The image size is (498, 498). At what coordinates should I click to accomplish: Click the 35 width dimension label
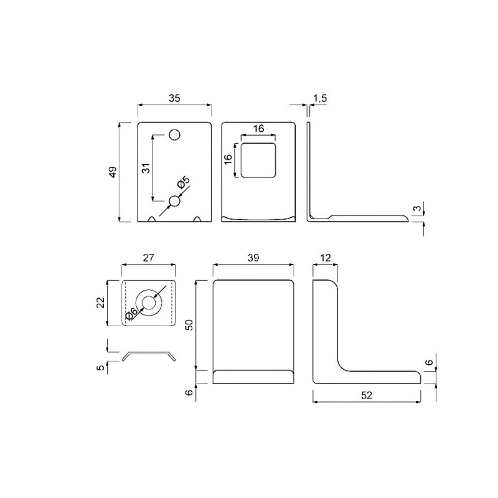(x=174, y=98)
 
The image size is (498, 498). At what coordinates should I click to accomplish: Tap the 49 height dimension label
(x=113, y=172)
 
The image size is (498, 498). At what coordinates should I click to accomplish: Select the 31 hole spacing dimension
(x=146, y=167)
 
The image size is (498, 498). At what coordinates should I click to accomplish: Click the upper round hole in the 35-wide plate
(x=174, y=135)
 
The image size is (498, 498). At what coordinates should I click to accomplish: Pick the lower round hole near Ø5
(x=174, y=201)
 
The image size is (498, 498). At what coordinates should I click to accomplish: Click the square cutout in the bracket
(x=258, y=161)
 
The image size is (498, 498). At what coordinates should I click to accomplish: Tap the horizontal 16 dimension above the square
(x=258, y=128)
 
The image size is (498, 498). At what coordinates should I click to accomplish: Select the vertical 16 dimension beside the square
(x=228, y=159)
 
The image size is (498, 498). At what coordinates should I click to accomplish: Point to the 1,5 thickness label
(x=320, y=98)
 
